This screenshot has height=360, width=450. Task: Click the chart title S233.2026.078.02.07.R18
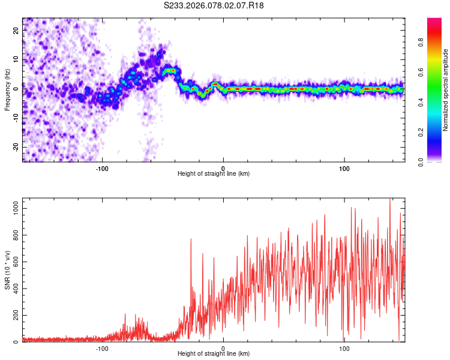(x=214, y=5)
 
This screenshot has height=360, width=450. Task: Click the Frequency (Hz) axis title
(x=8, y=90)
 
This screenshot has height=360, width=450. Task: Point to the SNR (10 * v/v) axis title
(x=8, y=270)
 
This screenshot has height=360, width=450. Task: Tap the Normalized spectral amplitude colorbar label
(x=446, y=90)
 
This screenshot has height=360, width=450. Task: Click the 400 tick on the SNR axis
(x=14, y=289)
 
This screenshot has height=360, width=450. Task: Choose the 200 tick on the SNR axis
(x=14, y=316)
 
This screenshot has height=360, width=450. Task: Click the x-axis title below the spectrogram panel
(x=214, y=174)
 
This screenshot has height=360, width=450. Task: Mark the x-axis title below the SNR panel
(x=214, y=354)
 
